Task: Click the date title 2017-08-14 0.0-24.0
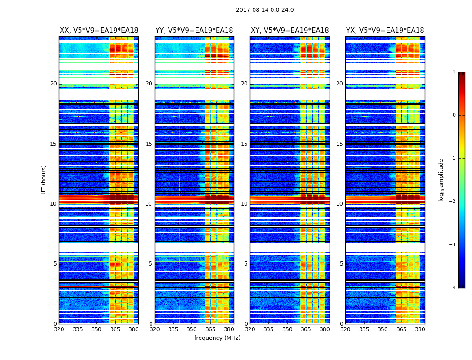click(265, 10)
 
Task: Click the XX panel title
click(99, 31)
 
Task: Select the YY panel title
click(194, 31)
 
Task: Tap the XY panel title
click(289, 31)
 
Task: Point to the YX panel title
click(385, 31)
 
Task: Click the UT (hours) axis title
click(44, 180)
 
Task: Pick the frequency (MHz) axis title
click(217, 338)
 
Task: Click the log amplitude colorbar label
click(441, 180)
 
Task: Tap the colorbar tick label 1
click(454, 72)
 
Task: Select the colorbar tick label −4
click(453, 288)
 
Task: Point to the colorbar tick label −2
click(453, 202)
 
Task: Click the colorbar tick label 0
click(454, 115)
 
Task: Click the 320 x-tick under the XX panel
click(59, 329)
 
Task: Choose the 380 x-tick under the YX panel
click(420, 329)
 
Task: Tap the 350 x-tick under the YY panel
click(192, 329)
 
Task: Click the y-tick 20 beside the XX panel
click(53, 84)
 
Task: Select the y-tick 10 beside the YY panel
click(149, 204)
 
